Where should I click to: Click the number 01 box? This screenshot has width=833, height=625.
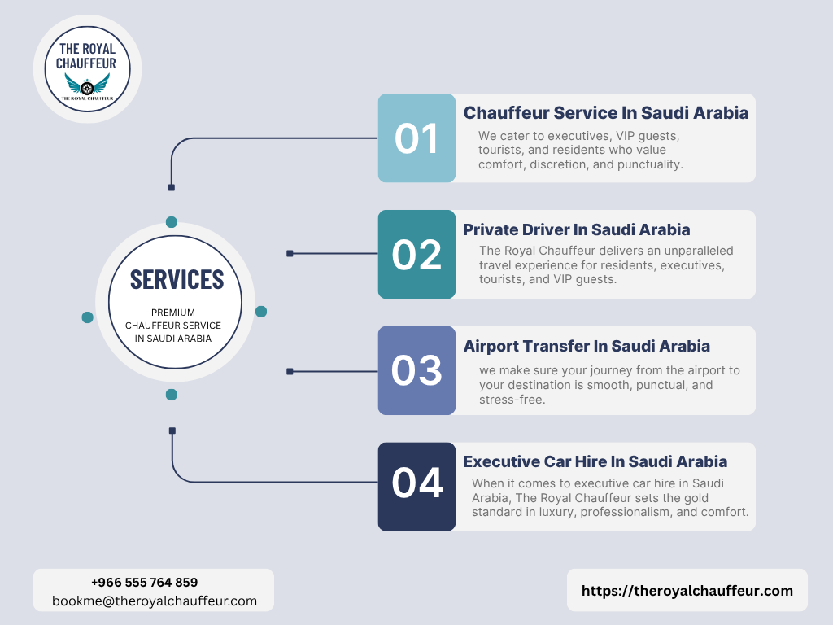(x=416, y=138)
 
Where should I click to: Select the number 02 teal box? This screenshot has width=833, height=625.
(x=416, y=255)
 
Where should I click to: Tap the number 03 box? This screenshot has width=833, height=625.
(x=416, y=371)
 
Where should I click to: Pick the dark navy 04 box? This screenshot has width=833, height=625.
(x=416, y=487)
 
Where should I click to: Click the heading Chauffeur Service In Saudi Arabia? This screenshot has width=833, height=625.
(x=606, y=113)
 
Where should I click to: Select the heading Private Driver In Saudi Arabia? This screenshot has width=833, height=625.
(x=577, y=229)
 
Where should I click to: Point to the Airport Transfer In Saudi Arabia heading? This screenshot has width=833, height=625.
(x=587, y=346)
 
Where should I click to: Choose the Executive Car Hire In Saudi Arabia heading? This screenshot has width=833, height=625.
(x=595, y=462)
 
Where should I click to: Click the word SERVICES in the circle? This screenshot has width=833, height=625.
(x=177, y=279)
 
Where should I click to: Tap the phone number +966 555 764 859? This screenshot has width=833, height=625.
(x=144, y=583)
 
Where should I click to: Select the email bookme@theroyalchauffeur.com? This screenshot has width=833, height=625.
(x=155, y=601)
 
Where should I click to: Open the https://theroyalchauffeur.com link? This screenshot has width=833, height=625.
(x=687, y=591)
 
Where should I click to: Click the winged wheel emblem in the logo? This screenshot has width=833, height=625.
(x=87, y=85)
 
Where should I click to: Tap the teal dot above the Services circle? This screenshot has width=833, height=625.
(x=172, y=222)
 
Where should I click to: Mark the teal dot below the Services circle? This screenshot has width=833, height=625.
(x=172, y=395)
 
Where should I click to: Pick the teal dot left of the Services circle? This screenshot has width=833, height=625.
(x=87, y=317)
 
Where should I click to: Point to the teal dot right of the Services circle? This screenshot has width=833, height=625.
(x=261, y=312)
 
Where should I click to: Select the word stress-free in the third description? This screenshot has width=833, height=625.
(x=512, y=400)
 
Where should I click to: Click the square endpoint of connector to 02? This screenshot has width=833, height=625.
(x=290, y=254)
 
